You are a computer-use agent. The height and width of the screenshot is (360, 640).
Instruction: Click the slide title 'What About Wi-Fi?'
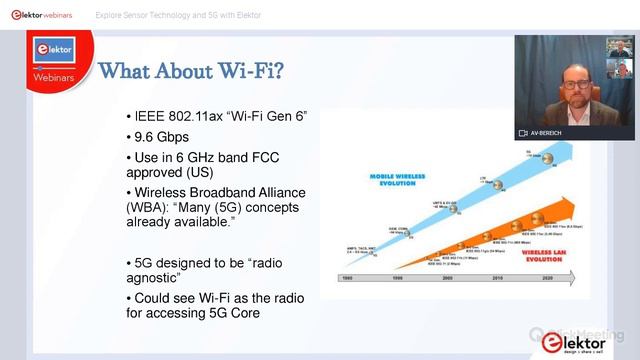click(x=190, y=71)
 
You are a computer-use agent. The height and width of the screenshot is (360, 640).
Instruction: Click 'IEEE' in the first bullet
click(x=149, y=116)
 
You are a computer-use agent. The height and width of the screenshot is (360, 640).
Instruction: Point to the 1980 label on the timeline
click(x=345, y=277)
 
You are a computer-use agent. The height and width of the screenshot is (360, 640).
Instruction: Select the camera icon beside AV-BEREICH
click(x=523, y=132)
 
